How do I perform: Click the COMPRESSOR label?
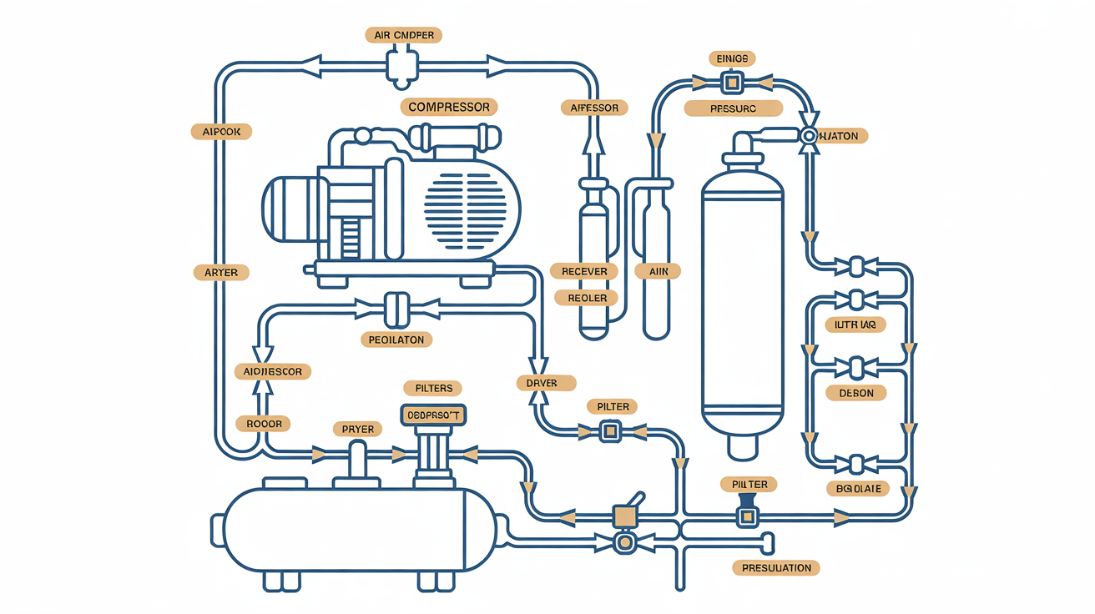[449, 107]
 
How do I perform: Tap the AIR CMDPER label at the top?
[403, 35]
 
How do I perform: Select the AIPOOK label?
[221, 132]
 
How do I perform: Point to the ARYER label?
[221, 273]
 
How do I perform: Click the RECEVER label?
[584, 271]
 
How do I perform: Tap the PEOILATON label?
[397, 340]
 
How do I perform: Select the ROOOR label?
[264, 424]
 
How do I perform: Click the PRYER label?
[357, 429]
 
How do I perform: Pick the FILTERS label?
[433, 388]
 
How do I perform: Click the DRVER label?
[546, 383]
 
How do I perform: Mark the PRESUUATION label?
[776, 568]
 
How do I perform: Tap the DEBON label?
[855, 393]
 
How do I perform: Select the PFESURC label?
[733, 108]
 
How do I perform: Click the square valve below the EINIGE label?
[732, 82]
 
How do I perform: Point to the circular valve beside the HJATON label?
[809, 135]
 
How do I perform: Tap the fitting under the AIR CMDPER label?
[401, 66]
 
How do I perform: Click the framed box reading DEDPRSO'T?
[433, 414]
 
